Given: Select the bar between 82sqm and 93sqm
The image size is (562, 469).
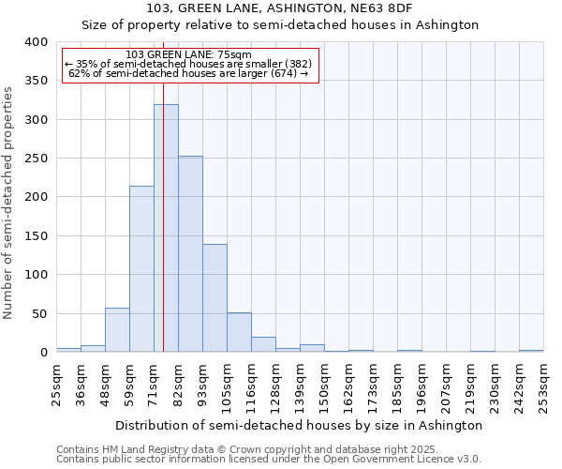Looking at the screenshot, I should (190, 254).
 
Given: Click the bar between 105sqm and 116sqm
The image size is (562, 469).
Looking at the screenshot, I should (239, 333).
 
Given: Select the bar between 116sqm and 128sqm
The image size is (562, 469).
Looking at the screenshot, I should (263, 344).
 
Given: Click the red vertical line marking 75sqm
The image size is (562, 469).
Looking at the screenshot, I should (163, 188).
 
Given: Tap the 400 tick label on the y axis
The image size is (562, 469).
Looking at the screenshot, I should (37, 42).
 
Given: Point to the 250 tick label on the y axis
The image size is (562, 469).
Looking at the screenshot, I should (37, 159).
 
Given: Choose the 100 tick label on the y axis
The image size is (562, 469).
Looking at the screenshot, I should (37, 275).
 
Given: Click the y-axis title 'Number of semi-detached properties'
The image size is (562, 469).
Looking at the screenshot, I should (8, 202).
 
